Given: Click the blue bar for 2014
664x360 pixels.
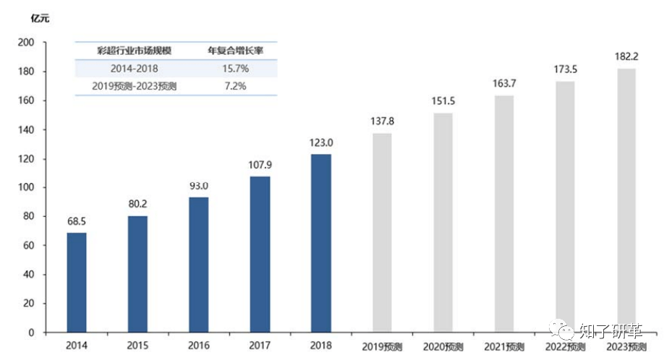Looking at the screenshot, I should pos(76,282).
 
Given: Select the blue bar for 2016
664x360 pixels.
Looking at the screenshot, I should pos(198,265).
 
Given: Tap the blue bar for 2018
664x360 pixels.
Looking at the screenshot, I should pos(321,243).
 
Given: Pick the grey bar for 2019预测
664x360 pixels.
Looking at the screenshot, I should pos(382,233).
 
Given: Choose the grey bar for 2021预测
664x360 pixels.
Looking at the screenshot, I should pos(504,214).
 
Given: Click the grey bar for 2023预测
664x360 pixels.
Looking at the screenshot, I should pos(626,200).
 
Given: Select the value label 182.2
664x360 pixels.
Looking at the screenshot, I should pos(626,56).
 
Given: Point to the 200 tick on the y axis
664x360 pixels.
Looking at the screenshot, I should pos(26,43).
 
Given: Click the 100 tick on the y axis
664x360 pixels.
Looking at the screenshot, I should pos(26,188).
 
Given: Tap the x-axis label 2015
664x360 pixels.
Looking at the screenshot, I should pos(137,346).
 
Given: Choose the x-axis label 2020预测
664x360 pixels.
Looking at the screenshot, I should pos(444,346).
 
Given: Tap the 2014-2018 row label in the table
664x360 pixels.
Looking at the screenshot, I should pos(135,69).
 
